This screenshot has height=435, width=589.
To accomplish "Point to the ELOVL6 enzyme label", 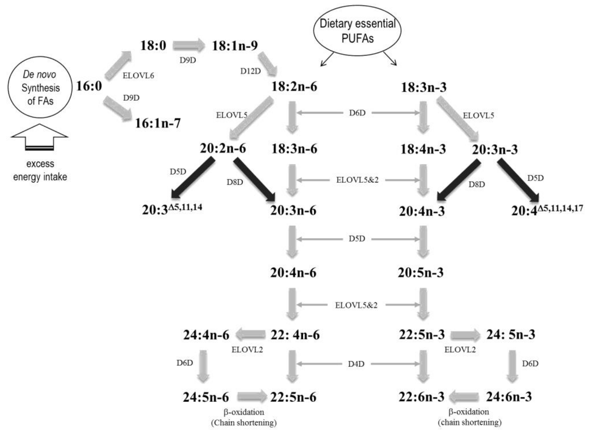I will click(x=138, y=76).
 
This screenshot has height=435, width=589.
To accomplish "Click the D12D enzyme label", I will click(x=250, y=71).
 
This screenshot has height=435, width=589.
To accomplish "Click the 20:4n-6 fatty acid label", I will click(x=293, y=273).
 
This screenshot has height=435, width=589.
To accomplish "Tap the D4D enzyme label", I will click(x=356, y=364).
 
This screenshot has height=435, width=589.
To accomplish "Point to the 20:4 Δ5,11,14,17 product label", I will click(x=547, y=210).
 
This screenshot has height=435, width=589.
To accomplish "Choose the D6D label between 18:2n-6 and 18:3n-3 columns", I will click(x=357, y=113).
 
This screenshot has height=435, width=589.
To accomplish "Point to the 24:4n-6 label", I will click(x=206, y=335).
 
